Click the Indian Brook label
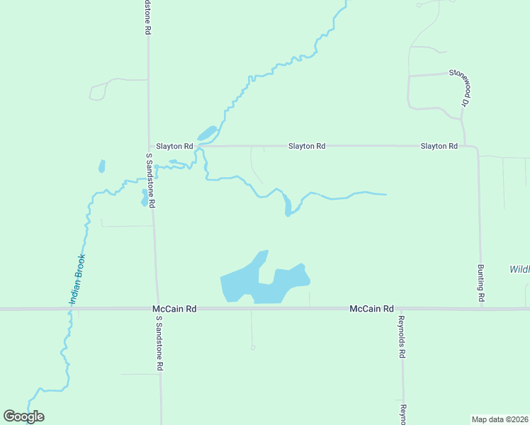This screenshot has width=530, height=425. pos(77,279)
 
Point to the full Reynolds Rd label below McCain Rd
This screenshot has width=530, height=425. pos(401,336)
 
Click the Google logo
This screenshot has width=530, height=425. pos(24,416)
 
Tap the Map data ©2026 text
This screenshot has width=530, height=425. pos(500,419)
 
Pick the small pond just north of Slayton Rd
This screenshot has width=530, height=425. pos(206,133)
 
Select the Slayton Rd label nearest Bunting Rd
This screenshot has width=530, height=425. pos(439,146)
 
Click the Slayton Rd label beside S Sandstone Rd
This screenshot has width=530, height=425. pos(174,146)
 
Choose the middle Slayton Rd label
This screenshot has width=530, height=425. pos(306,146)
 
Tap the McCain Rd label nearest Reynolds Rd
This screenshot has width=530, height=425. pos(371,309)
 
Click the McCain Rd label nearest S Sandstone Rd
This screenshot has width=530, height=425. pos(174,309)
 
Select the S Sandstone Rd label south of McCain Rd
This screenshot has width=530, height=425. pos(160,343)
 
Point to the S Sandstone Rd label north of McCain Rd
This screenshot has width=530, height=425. pos(151,180)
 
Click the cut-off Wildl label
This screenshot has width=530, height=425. pos(519,269)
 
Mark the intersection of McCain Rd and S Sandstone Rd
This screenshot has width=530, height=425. pos(157,309)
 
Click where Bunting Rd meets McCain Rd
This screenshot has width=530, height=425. pos(481,308)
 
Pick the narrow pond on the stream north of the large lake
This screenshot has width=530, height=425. pos(287,205)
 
